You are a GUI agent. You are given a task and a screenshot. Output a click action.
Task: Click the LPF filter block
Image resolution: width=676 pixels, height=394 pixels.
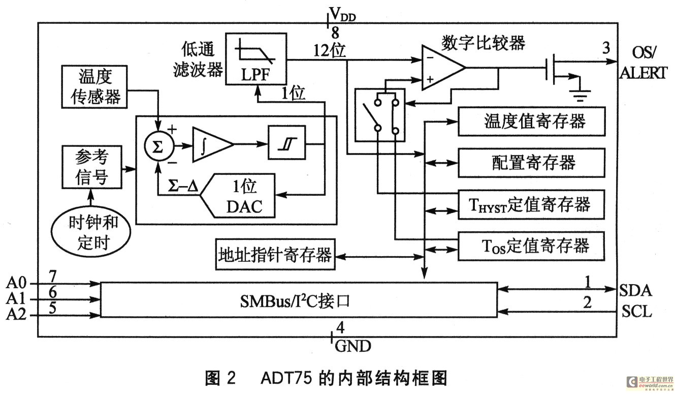coord(256,58)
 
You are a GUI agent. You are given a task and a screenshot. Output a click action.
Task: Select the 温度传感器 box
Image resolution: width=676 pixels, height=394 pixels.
coord(94,87)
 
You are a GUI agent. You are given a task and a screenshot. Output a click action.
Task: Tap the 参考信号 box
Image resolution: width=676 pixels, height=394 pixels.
coord(92,167)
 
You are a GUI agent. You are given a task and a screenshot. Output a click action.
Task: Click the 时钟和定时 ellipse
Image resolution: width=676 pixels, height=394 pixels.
coord(91,232)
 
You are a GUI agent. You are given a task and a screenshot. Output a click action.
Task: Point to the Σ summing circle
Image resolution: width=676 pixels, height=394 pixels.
coord(159,146)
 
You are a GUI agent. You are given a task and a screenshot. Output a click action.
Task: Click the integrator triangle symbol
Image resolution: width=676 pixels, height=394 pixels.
coord(212,144)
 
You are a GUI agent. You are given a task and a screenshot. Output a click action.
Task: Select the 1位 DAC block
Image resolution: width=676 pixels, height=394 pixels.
coord(238,196)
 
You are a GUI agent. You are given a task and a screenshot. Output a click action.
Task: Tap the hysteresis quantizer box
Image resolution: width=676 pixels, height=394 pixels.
coord(286,143)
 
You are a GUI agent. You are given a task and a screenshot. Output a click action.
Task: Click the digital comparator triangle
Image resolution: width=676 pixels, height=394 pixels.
coord(443,68)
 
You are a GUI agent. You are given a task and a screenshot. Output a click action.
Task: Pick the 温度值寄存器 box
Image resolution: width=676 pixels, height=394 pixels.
coord(531,122)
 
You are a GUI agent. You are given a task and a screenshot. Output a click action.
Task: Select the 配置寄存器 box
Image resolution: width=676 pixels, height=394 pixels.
coord(531,163)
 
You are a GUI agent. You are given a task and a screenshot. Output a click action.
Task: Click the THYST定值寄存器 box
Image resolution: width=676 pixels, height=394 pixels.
coord(531,204)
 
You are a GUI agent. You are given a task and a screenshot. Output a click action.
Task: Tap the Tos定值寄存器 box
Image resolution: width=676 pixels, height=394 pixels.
coord(531,246)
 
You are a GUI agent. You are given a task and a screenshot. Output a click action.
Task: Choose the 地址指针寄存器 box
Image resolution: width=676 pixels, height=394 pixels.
coord(275,254)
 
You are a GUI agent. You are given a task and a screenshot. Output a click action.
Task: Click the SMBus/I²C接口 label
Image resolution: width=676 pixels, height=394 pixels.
coord(295,301)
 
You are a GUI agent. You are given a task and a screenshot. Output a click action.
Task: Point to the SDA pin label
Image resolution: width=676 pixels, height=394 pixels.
coord(635,290)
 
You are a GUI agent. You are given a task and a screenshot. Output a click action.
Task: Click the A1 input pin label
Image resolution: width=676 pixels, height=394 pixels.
coord(16,298)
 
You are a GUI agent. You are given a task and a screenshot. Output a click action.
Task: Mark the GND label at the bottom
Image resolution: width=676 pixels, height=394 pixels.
coord(353,346)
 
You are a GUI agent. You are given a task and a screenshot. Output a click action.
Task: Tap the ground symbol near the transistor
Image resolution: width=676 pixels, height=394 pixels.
coord(580,95)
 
